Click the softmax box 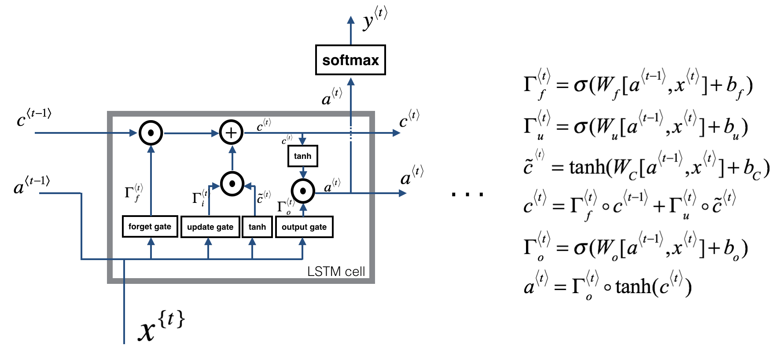point(350,60)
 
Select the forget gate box point(150,227)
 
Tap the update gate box point(210,227)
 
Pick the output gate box point(304,227)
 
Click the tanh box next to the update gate point(257,227)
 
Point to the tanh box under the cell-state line point(302,156)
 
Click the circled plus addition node point(232,132)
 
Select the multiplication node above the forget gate point(151,132)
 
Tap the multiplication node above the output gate point(303,191)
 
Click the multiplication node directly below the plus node point(232,184)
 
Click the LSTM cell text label point(336,272)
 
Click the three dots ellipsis point(467,194)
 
